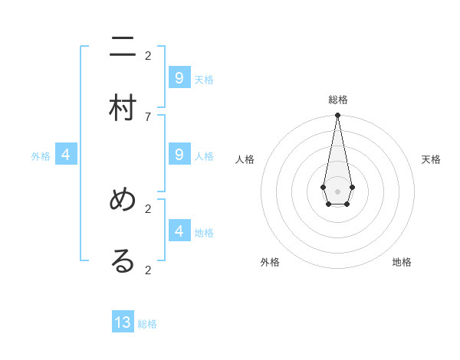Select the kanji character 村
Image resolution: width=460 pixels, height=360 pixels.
coord(123,108)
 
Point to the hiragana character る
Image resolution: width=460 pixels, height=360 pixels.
coord(123,261)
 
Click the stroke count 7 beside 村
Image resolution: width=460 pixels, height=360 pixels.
coord(148,116)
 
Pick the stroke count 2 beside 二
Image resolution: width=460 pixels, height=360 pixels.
coord(148,55)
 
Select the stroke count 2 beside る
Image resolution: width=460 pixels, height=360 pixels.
coord(148,270)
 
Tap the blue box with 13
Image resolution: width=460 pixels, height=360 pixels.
coord(123,322)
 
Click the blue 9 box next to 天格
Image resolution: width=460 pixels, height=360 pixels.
coord(179,77)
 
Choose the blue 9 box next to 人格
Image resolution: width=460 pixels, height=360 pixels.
coord(179,155)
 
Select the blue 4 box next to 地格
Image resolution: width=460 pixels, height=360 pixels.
coord(179,231)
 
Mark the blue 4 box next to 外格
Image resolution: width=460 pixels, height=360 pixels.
coord(66,155)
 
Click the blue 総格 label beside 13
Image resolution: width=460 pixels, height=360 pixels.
coord(147,324)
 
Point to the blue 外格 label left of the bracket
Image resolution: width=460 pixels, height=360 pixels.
coord(41,156)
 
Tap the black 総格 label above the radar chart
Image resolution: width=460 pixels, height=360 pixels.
coord(338,100)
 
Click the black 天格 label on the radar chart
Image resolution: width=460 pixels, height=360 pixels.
coord(431,159)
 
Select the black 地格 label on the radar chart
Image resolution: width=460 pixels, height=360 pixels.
coord(402,262)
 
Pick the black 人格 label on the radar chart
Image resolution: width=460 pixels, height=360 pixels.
coord(245,159)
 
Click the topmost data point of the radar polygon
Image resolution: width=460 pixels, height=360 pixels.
coord(337,116)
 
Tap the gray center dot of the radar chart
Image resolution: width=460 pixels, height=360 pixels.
coord(337,191)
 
